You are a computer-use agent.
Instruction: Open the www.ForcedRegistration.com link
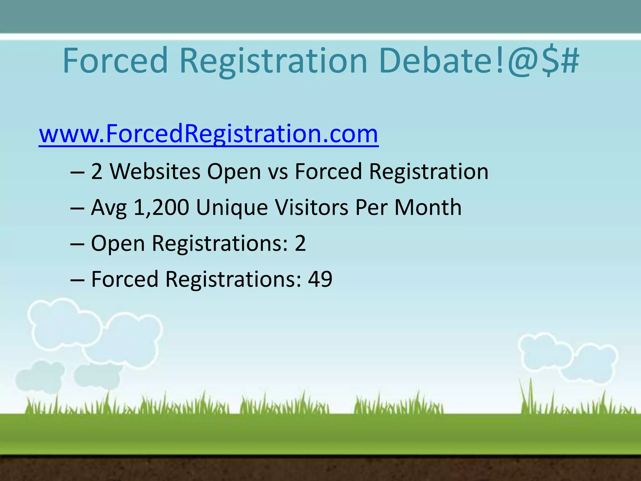(208, 134)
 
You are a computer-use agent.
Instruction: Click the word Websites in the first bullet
(155, 172)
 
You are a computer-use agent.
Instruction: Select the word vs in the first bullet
(278, 172)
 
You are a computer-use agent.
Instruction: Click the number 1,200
(161, 207)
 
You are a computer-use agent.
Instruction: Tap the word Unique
(232, 208)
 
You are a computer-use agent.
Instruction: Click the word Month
(428, 207)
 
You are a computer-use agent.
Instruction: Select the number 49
(320, 279)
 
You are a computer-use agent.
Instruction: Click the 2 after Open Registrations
(300, 243)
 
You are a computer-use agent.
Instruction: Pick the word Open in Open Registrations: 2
(118, 244)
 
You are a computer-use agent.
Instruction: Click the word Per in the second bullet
(371, 207)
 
